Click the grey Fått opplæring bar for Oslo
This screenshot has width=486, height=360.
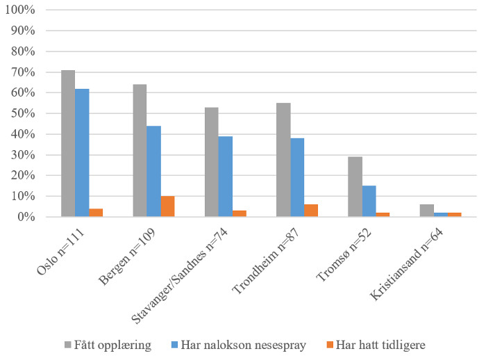68,144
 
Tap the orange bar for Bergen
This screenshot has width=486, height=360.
167,206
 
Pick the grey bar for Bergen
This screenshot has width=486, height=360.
140,151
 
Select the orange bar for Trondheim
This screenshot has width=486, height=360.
310,211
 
